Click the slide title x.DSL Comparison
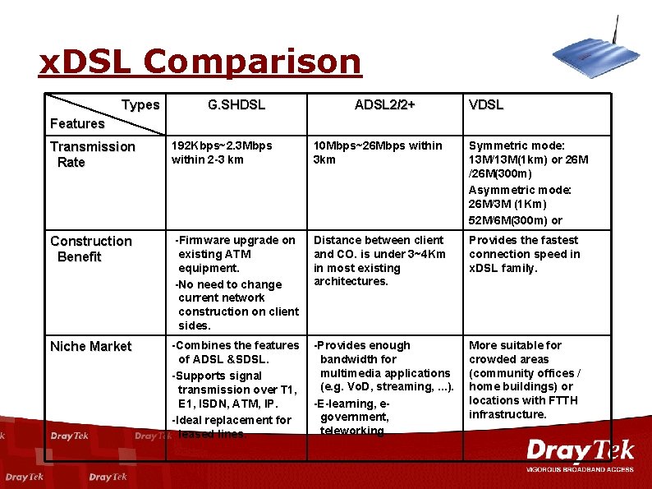pos(200,62)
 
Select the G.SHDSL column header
pos(236,105)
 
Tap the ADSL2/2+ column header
pos(384,105)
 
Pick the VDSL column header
pos(485,105)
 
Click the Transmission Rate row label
pos(92,155)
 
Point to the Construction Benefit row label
pos(90,249)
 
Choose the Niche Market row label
pos(90,347)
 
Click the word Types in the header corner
pos(140,105)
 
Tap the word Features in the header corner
pos(77,124)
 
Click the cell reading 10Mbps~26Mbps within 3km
pos(377,153)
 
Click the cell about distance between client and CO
pos(379,261)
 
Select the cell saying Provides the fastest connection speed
pos(524,254)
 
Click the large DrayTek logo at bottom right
pos(580,451)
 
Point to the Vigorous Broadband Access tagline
pos(580,469)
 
